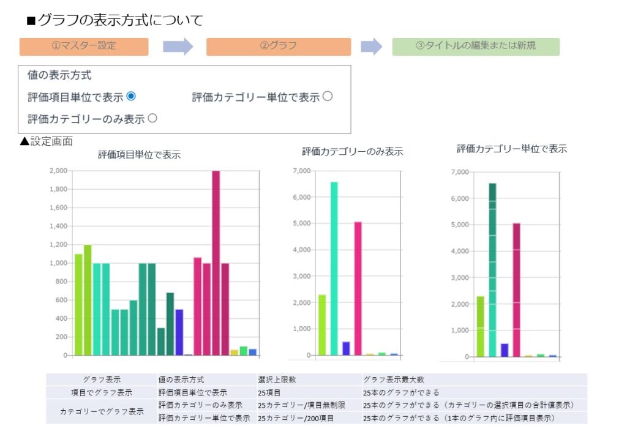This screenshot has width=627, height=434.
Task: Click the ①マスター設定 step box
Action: pos(84,47)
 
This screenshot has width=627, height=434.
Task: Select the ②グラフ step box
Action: pos(278,47)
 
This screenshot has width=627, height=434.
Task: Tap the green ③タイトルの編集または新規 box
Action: pos(476,47)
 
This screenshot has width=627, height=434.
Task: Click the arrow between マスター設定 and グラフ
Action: pos(178,47)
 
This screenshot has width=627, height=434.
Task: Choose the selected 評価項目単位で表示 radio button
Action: pos(130,96)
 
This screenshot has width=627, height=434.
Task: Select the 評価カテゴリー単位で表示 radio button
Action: pos(328,96)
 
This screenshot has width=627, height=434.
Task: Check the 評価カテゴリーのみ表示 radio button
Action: pos(152,118)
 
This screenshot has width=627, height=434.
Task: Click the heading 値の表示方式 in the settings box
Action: pos(59,76)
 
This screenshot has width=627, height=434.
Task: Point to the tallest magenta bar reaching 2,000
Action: pos(216,263)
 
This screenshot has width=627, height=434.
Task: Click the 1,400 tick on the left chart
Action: pos(59,226)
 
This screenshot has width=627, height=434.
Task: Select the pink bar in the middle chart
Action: pos(358,288)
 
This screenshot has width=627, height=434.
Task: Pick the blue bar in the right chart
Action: pos(505,350)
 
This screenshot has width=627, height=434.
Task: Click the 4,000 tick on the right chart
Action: pos(460,251)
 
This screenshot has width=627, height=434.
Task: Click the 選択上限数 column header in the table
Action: pos(277,380)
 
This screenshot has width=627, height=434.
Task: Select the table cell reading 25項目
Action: pos(269,392)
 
